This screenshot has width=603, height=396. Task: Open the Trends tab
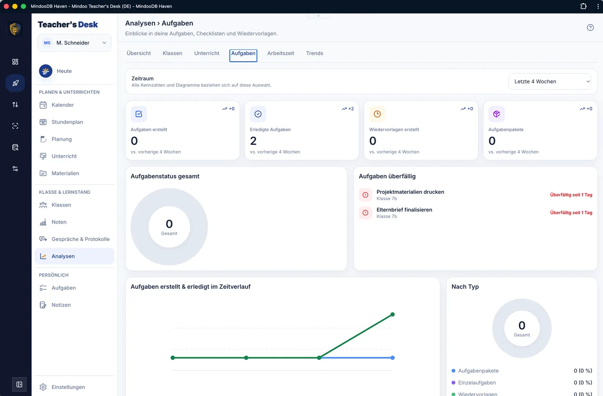click(314, 53)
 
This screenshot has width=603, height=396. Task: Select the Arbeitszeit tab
click(280, 53)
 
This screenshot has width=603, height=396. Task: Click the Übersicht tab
click(139, 53)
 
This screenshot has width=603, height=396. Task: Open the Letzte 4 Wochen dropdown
click(550, 81)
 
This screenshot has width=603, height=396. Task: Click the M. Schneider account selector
click(75, 43)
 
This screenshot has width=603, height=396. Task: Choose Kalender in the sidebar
click(63, 105)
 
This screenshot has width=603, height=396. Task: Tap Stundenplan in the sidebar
click(67, 122)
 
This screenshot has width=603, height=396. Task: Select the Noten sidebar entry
click(59, 222)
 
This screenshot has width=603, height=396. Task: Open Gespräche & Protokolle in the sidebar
click(81, 239)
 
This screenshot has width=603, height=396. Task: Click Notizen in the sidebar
click(61, 305)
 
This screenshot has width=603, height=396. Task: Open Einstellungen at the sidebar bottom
click(68, 387)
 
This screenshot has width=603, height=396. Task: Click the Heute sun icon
click(46, 71)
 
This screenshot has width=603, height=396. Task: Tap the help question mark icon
click(590, 28)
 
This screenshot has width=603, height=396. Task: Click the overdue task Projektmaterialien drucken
click(410, 192)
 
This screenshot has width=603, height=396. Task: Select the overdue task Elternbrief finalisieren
click(404, 210)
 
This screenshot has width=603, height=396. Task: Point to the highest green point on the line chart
click(392, 315)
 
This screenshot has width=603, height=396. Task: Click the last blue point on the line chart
click(392, 358)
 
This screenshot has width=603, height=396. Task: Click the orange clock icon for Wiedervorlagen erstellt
click(377, 114)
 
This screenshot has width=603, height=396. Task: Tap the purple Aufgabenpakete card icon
click(496, 114)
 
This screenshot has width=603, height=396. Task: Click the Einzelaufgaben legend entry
click(477, 382)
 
